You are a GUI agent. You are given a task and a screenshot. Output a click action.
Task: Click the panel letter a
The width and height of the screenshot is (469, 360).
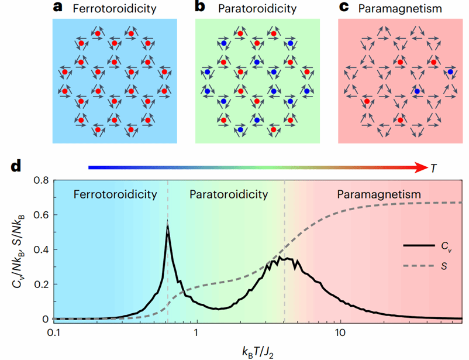tap(58, 8)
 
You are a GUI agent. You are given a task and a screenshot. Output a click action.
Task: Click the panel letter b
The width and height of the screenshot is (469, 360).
tap(201, 8)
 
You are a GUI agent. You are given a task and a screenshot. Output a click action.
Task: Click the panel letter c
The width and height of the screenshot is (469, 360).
tap(344, 8)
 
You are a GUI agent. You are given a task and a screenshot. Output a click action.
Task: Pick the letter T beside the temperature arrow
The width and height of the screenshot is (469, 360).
tap(433, 168)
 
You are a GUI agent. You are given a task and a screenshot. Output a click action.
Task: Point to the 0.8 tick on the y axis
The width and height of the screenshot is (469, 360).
tap(40, 181)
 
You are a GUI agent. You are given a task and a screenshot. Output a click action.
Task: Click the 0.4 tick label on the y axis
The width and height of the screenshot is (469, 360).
tap(40, 250)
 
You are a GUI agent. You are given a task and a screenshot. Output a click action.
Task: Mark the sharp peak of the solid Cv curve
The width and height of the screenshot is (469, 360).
tap(168, 227)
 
